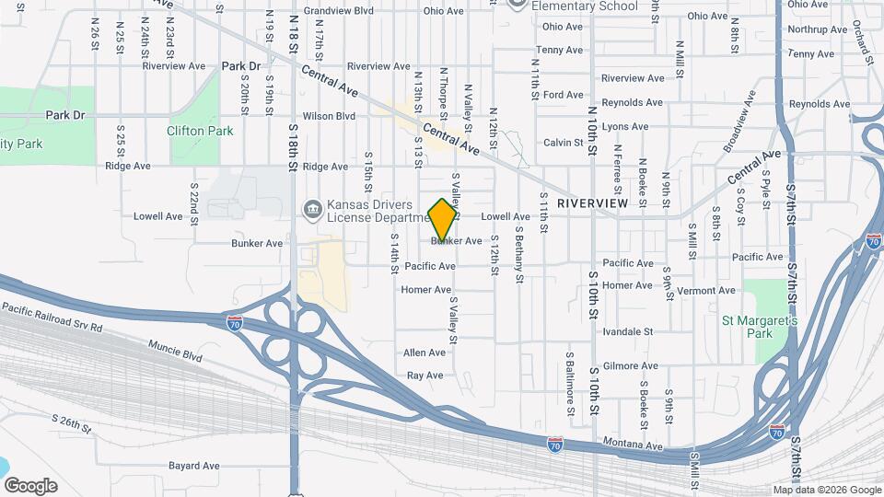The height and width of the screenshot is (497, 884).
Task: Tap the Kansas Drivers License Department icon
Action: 312,210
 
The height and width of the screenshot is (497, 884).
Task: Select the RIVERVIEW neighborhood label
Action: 592,202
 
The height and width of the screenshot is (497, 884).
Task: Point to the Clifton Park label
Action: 200,131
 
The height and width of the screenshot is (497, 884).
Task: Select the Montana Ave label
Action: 634,446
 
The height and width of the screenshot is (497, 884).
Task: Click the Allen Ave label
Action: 424,353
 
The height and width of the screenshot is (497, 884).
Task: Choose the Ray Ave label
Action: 425,376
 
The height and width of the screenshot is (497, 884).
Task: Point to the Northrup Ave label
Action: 810,29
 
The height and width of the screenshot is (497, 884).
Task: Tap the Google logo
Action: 29,486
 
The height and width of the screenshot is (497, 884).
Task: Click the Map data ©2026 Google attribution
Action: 826,490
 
